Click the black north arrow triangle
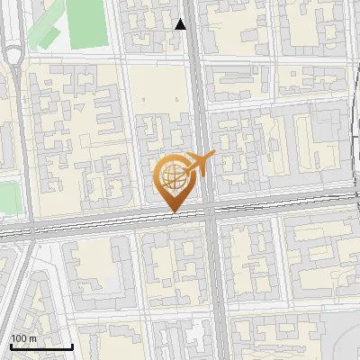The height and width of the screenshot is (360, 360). [181, 24]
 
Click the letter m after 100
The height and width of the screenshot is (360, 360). [33, 337]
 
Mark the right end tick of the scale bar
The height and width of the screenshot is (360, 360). [73, 346]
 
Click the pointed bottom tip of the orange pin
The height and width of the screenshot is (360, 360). [174, 212]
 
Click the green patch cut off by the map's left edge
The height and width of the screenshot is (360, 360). [7, 198]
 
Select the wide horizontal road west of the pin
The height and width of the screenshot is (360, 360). [81, 224]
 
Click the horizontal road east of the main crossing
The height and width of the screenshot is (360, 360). [288, 203]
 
